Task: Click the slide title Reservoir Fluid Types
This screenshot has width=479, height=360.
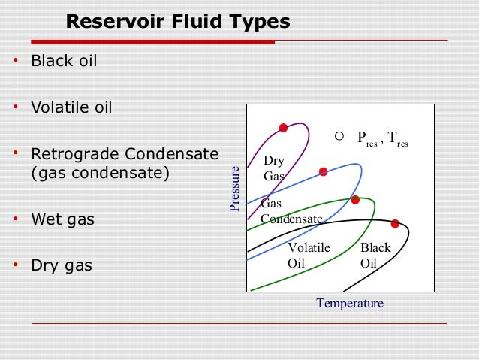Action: point(177,22)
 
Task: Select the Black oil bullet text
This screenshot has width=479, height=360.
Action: point(64,60)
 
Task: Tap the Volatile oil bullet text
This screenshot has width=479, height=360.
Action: point(71,107)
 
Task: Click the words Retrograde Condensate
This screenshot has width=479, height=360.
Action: point(124,155)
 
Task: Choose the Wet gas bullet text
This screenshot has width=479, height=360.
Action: point(63,220)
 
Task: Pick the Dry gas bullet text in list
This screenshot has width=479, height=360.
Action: point(62,265)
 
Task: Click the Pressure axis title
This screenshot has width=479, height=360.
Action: point(235,188)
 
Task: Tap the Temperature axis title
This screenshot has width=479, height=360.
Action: point(350,304)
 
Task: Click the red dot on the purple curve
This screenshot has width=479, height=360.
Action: point(283,128)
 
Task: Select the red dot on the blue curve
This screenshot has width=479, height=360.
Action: point(323,171)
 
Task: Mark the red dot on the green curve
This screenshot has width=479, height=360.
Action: point(355,200)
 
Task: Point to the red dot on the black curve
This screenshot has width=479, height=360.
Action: point(394,223)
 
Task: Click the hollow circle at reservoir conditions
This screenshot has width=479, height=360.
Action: point(339,137)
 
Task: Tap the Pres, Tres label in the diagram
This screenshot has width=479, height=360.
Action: point(382,138)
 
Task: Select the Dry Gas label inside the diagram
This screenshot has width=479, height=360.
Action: point(274,169)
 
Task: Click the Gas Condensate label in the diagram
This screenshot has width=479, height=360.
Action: point(291,212)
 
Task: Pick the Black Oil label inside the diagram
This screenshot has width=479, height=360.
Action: point(375,255)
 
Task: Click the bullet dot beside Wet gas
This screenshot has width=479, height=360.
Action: point(16,219)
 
